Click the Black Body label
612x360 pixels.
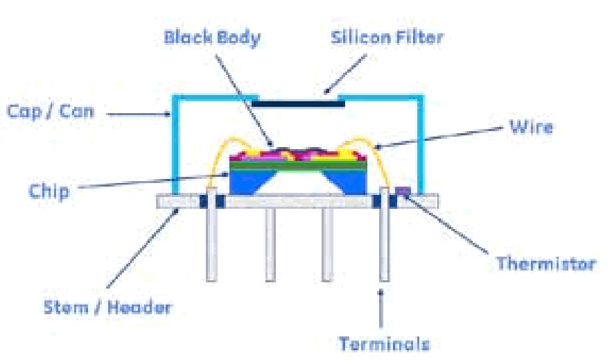pos(212,37)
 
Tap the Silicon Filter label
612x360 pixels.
pos(387,37)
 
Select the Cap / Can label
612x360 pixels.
pos(50,111)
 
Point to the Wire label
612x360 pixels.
pos(531,127)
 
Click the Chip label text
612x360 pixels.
pos(49,191)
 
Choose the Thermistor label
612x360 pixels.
pos(546,264)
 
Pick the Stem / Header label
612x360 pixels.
pos(107,307)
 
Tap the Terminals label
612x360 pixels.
pos(384,343)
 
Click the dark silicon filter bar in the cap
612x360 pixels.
pos(298,103)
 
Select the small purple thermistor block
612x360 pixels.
pos(403,189)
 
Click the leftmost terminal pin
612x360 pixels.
pos(212,243)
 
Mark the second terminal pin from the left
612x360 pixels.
pos(270,243)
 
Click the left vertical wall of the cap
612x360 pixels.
pos(174,146)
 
